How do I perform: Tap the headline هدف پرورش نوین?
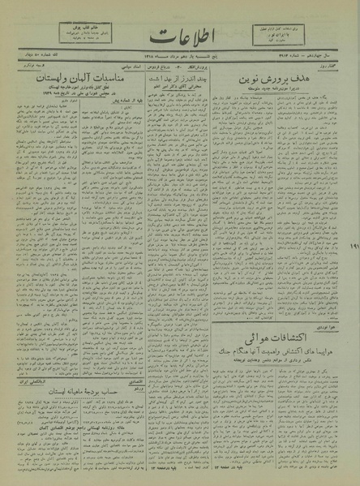point(285,81)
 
